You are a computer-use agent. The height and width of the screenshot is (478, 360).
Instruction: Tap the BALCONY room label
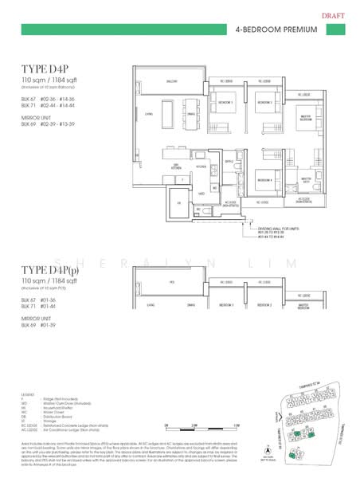pyautogui.click(x=171, y=81)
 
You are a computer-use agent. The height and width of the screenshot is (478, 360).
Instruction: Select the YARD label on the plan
pyautogui.click(x=202, y=194)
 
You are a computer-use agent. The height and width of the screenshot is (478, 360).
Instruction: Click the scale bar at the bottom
pyautogui.click(x=199, y=428)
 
